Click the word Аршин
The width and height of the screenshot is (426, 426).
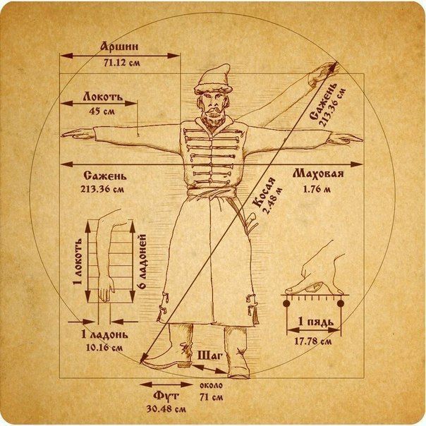point(119,47)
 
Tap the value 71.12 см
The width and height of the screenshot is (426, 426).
point(122,63)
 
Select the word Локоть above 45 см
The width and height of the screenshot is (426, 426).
point(103,97)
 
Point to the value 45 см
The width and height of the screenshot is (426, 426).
point(102,111)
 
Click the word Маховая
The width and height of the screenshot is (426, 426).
point(318,174)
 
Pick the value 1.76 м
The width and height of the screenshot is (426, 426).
point(317,189)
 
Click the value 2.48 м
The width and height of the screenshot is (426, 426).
point(274,201)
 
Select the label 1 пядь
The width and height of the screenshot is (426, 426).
point(315,322)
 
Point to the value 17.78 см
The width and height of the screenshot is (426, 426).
point(313,341)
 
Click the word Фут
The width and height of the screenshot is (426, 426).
point(166,396)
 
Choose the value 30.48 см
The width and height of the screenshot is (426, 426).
point(166,409)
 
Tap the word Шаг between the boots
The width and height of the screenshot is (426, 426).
point(209,355)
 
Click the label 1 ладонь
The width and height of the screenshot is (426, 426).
point(104,334)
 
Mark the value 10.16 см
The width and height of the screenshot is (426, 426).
point(104,348)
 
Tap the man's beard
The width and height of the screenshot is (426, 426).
point(213,118)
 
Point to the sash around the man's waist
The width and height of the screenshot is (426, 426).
point(212,192)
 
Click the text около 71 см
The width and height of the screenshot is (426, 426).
point(211,391)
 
